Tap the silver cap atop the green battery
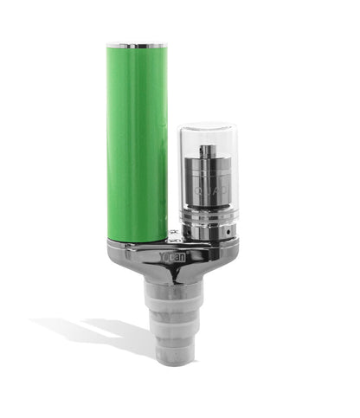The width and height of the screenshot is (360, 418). pyautogui.click(x=137, y=43)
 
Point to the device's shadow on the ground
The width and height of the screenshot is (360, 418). pyautogui.click(x=95, y=333)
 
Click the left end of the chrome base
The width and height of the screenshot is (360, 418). pyautogui.click(x=114, y=253)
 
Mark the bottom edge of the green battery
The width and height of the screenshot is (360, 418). pyautogui.click(x=137, y=240)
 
